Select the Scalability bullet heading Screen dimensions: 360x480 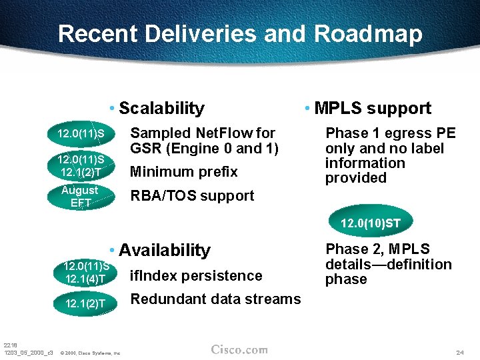(x=161, y=108)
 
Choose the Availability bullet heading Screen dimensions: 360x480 (x=164, y=250)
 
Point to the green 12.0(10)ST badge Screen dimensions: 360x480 (x=370, y=223)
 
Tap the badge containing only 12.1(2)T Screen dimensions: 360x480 (x=85, y=304)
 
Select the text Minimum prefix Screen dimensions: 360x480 (x=183, y=172)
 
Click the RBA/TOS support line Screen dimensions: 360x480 (x=191, y=196)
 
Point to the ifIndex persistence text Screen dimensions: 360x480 (x=196, y=275)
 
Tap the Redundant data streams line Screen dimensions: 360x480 (x=215, y=299)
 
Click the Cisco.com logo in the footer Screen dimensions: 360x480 (x=239, y=349)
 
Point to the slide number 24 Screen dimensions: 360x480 (x=460, y=351)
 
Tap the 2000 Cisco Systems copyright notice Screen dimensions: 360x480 (x=90, y=353)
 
